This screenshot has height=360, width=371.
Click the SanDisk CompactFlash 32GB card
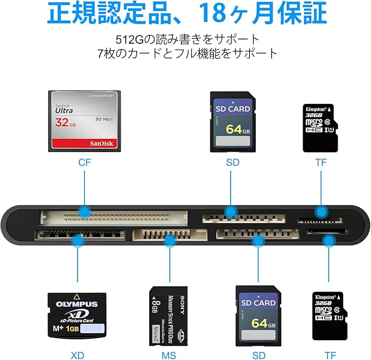[x=85, y=121]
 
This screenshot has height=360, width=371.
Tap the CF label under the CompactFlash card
[x=85, y=162]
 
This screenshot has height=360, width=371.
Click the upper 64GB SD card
[x=233, y=121]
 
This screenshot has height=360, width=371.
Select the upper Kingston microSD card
[x=320, y=128]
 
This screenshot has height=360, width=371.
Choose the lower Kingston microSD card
[x=328, y=316]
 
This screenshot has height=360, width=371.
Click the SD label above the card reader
[x=233, y=162]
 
